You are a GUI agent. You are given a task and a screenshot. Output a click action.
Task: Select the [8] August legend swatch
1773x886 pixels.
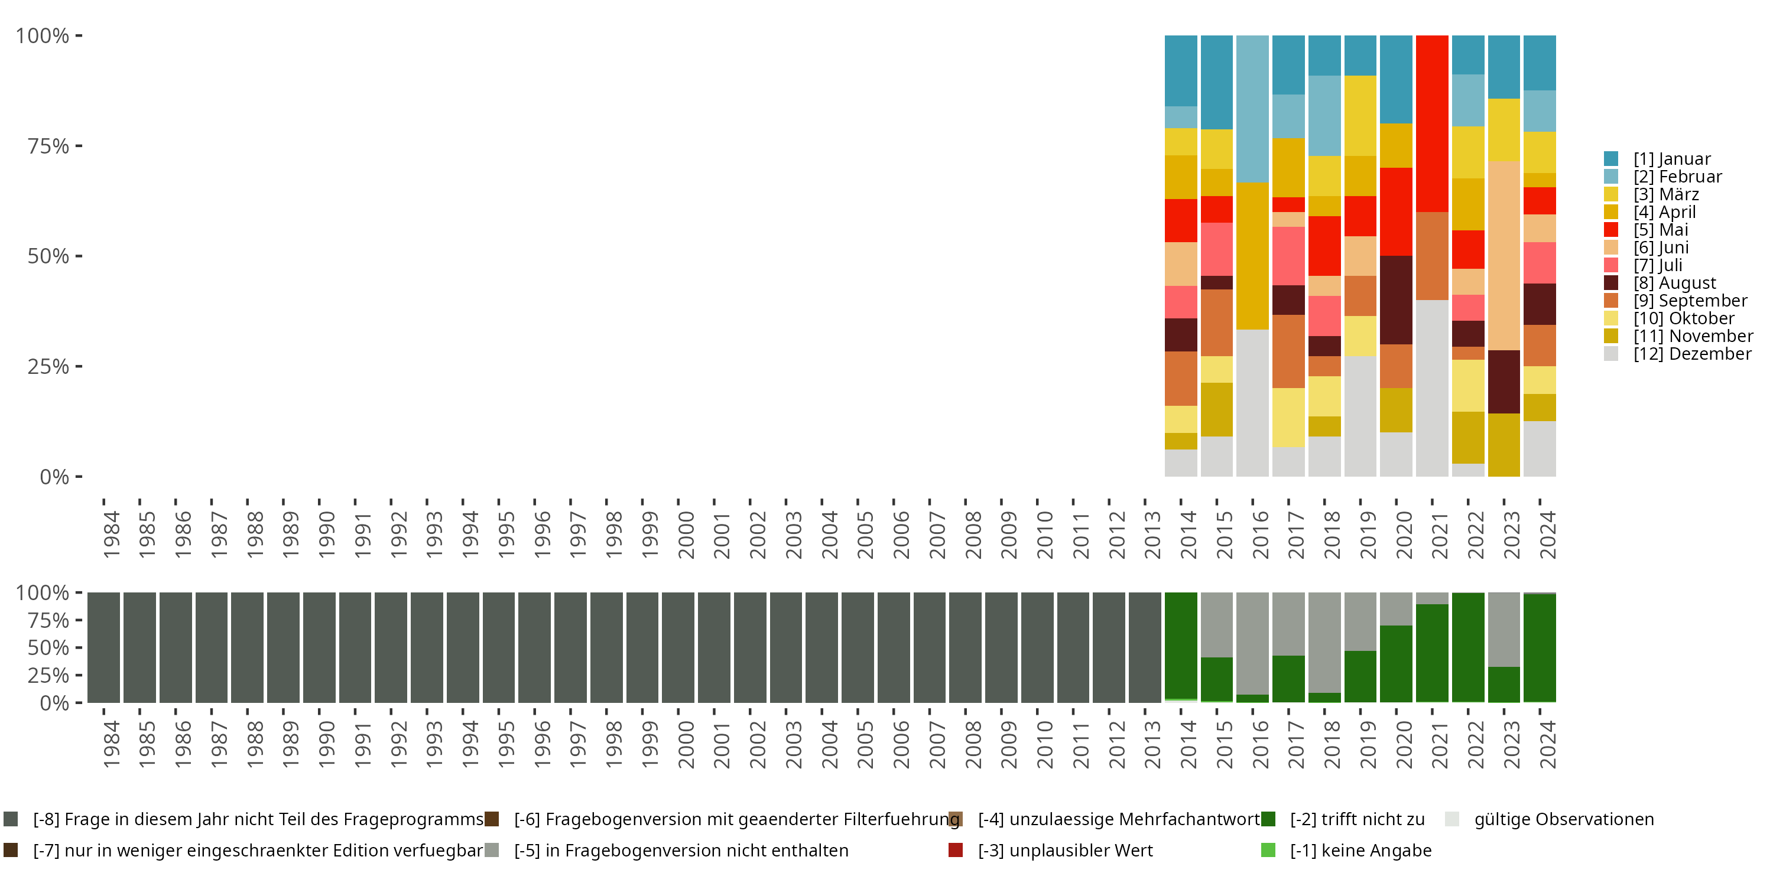(1610, 283)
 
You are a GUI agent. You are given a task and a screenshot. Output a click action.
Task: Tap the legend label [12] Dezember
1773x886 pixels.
(1692, 354)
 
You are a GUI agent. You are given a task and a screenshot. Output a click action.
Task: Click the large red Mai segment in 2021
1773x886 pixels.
(1431, 124)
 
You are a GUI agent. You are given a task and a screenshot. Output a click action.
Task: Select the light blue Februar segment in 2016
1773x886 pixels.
(1252, 109)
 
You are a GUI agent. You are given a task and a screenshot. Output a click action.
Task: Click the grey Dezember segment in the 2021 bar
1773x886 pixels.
(1431, 388)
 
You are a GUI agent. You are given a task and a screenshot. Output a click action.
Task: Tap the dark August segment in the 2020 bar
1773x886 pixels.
(1396, 300)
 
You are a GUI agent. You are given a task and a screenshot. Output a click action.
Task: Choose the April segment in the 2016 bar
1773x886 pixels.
(1252, 256)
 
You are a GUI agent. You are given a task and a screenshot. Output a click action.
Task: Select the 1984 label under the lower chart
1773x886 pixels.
(111, 744)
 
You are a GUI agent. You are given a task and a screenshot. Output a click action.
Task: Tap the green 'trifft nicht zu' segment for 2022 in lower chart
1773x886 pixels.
(1467, 647)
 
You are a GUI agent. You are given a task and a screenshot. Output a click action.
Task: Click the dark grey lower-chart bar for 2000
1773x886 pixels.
(678, 647)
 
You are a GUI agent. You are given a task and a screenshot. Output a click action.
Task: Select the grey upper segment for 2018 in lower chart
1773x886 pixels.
(1324, 642)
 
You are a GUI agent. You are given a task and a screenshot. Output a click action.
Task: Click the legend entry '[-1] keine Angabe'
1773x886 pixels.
(1360, 850)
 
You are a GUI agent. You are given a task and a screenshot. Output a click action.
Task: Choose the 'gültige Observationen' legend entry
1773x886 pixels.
(1563, 819)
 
